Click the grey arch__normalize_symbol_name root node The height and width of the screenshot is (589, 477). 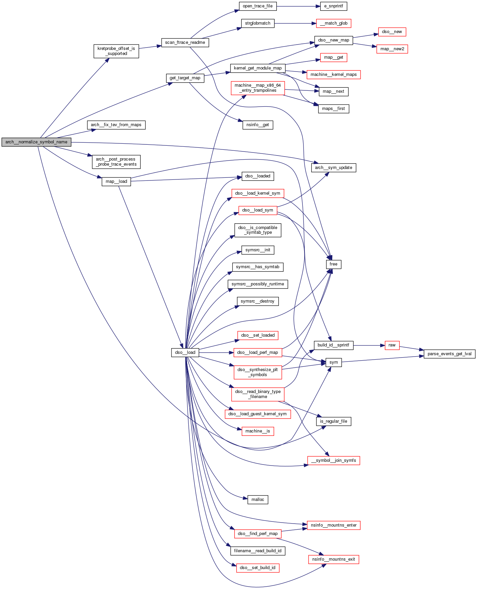coord(36,142)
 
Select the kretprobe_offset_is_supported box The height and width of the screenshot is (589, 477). coord(116,51)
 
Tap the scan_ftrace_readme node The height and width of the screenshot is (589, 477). coord(185,43)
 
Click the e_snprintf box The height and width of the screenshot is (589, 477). coord(334,6)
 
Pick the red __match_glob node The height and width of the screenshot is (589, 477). coord(334,23)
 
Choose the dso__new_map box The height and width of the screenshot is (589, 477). coord(334,40)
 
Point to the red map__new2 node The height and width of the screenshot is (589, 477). coord(392,49)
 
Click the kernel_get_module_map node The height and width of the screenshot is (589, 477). coord(258,68)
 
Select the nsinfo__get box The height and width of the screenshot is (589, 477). coord(258,125)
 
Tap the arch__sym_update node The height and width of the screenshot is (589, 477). coord(334,168)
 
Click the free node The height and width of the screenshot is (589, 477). coord(334,264)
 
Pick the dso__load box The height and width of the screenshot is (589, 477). coord(185,353)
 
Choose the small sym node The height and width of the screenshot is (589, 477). coord(334,362)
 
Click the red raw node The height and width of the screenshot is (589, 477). coord(392,345)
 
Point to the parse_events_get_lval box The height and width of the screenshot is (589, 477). coord(449,354)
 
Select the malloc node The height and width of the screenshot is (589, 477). coord(258,500)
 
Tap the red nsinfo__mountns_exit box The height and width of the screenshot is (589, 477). coord(334,559)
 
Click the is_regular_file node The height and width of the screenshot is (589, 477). coord(334,421)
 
